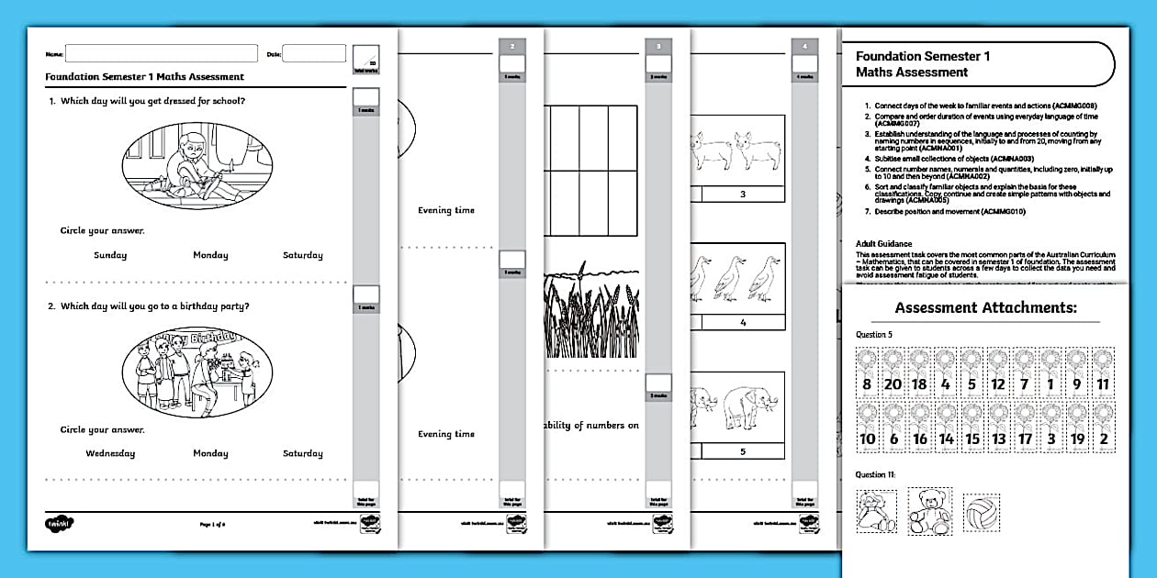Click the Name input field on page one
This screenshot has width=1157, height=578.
(161, 53)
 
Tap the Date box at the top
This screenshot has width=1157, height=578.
(313, 53)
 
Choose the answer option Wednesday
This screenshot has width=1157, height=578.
(110, 453)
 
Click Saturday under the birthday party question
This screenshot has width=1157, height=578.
(302, 453)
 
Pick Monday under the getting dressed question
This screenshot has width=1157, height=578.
(210, 255)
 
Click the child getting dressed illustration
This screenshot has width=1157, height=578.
(197, 165)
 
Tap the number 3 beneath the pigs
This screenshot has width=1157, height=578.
(742, 195)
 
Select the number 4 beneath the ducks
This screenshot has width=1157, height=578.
(742, 323)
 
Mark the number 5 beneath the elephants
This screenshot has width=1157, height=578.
(742, 451)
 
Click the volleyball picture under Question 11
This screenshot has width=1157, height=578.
(981, 512)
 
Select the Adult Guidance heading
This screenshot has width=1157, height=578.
(884, 244)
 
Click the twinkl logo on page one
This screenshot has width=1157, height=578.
(59, 523)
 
